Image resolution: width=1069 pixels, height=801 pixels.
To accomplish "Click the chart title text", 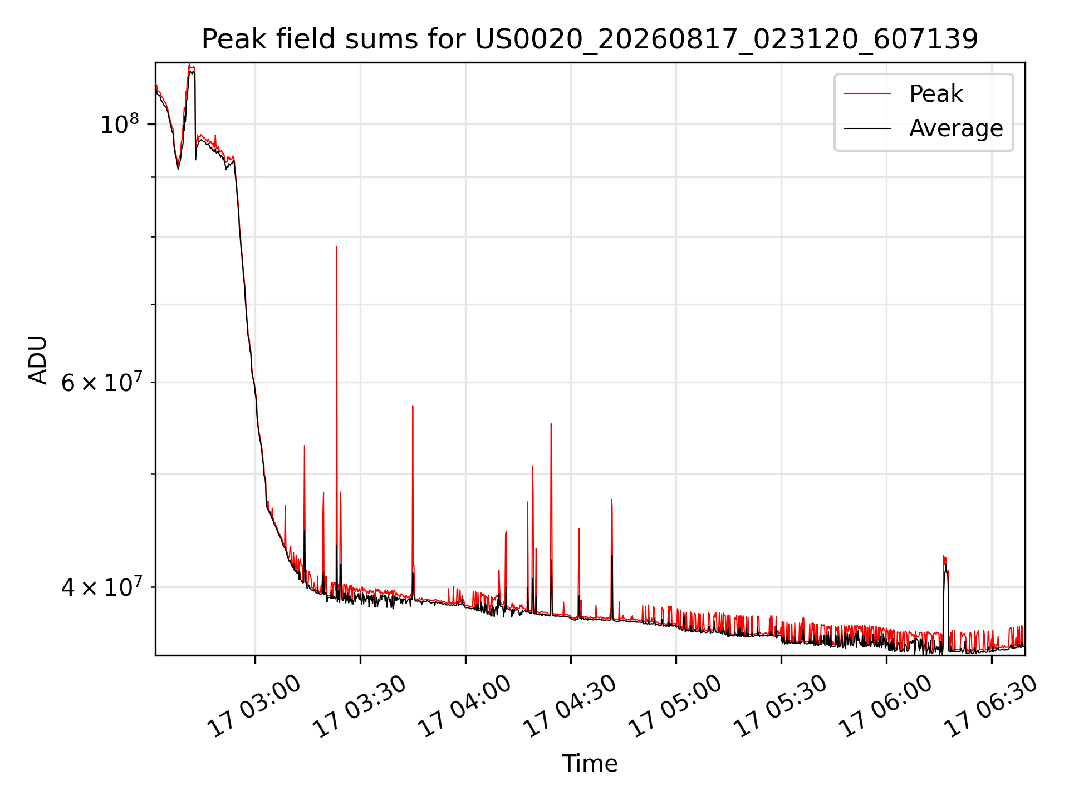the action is pyautogui.click(x=590, y=39).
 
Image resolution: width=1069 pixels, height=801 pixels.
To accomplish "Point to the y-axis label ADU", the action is pyautogui.click(x=38, y=359).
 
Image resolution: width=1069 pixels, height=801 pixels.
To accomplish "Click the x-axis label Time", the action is pyautogui.click(x=590, y=763).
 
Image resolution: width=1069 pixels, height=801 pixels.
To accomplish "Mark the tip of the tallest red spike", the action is pyautogui.click(x=336, y=247).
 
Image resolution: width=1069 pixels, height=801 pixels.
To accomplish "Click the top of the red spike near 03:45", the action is pyautogui.click(x=413, y=406).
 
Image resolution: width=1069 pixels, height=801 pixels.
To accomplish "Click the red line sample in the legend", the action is pyautogui.click(x=867, y=94).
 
